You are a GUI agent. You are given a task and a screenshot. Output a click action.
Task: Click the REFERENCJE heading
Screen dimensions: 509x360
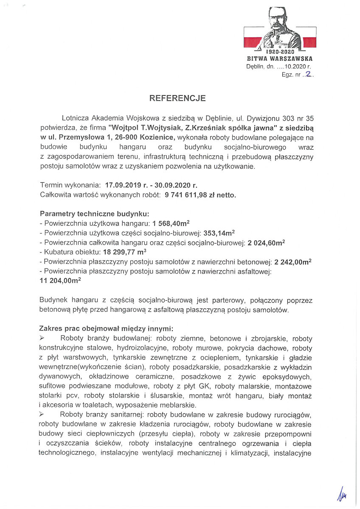(x=177, y=98)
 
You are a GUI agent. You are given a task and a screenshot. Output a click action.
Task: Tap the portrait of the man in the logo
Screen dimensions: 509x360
(x=280, y=29)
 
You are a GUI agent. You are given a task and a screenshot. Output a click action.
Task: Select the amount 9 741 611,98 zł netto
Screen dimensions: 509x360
(x=203, y=195)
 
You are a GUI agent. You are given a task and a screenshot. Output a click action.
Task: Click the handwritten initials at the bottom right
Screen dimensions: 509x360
(x=341, y=494)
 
